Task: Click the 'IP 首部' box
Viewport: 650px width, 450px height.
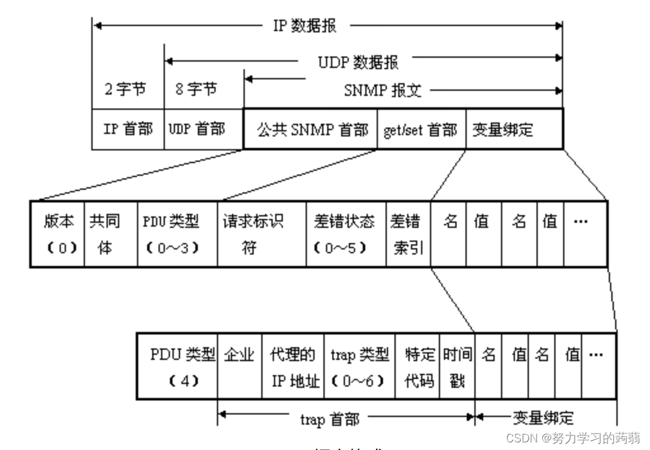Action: click(x=127, y=129)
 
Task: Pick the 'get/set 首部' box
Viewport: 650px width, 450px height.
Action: click(x=421, y=129)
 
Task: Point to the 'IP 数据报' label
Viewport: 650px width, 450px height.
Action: click(x=304, y=26)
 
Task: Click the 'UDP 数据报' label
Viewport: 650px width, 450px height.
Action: click(x=358, y=62)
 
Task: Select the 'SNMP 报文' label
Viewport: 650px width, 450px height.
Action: click(x=382, y=90)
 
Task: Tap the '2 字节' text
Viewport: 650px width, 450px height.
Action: click(x=125, y=89)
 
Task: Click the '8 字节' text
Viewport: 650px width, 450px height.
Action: click(x=195, y=89)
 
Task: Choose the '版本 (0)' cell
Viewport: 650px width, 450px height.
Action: click(x=58, y=234)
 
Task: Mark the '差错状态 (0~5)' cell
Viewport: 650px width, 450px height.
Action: click(x=346, y=234)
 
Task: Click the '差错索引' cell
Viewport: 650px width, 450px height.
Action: click(x=408, y=234)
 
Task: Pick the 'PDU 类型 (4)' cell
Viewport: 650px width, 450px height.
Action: click(x=178, y=366)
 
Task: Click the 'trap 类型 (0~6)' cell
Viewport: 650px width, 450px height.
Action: click(x=359, y=366)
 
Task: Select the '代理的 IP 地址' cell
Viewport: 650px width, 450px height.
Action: click(x=292, y=366)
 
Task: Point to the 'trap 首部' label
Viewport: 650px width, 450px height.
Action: click(x=329, y=420)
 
